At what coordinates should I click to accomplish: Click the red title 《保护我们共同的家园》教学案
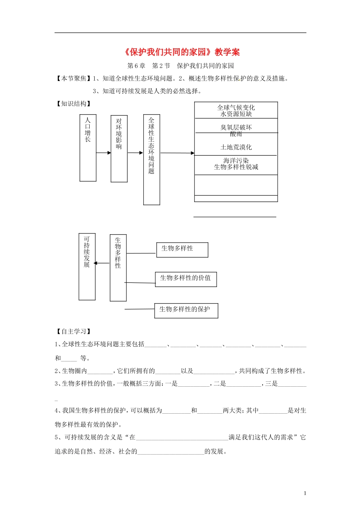(182, 52)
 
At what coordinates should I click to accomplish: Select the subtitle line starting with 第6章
(180, 66)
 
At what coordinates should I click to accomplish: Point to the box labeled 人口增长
(88, 148)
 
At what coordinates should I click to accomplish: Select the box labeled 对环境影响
(119, 149)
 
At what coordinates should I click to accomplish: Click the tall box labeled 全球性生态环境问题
(151, 160)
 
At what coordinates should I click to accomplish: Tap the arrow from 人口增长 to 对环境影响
(103, 153)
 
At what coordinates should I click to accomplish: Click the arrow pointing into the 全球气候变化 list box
(177, 153)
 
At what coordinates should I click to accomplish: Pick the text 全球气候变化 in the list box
(236, 108)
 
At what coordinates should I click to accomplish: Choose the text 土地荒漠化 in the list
(236, 147)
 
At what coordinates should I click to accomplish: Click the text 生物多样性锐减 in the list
(236, 167)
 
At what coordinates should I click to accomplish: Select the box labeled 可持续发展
(87, 267)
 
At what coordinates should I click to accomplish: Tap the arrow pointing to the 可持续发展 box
(101, 263)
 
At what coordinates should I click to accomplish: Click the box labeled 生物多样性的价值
(186, 279)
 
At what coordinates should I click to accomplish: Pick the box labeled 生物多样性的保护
(186, 310)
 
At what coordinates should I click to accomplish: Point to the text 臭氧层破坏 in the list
(236, 127)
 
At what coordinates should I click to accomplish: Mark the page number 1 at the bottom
(305, 493)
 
